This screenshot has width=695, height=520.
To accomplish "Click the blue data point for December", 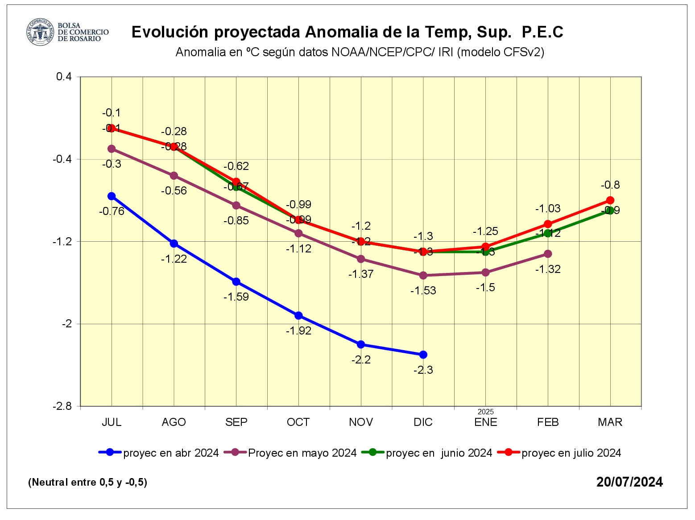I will [423, 355].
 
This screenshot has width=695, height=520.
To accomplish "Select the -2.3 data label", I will [423, 370].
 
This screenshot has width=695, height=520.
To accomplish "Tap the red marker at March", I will [610, 200].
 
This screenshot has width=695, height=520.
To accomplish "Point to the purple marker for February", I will [548, 254].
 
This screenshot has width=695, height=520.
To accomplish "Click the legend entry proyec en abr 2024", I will [159, 453].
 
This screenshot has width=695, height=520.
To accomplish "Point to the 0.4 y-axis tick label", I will [64, 77].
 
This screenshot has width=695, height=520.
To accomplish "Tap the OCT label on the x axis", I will [298, 422].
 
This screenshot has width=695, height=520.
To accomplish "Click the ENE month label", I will [486, 422].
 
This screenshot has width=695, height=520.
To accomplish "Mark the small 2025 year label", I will [486, 412].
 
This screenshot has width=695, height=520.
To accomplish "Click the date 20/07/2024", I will [629, 482].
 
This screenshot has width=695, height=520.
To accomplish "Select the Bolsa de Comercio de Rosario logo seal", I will [41, 32].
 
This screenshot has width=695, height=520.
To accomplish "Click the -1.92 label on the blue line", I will [298, 331].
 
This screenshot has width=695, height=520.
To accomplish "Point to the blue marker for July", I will [112, 196].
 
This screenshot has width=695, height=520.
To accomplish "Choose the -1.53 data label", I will [423, 291].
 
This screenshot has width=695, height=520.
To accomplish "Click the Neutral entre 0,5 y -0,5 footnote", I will [87, 483].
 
